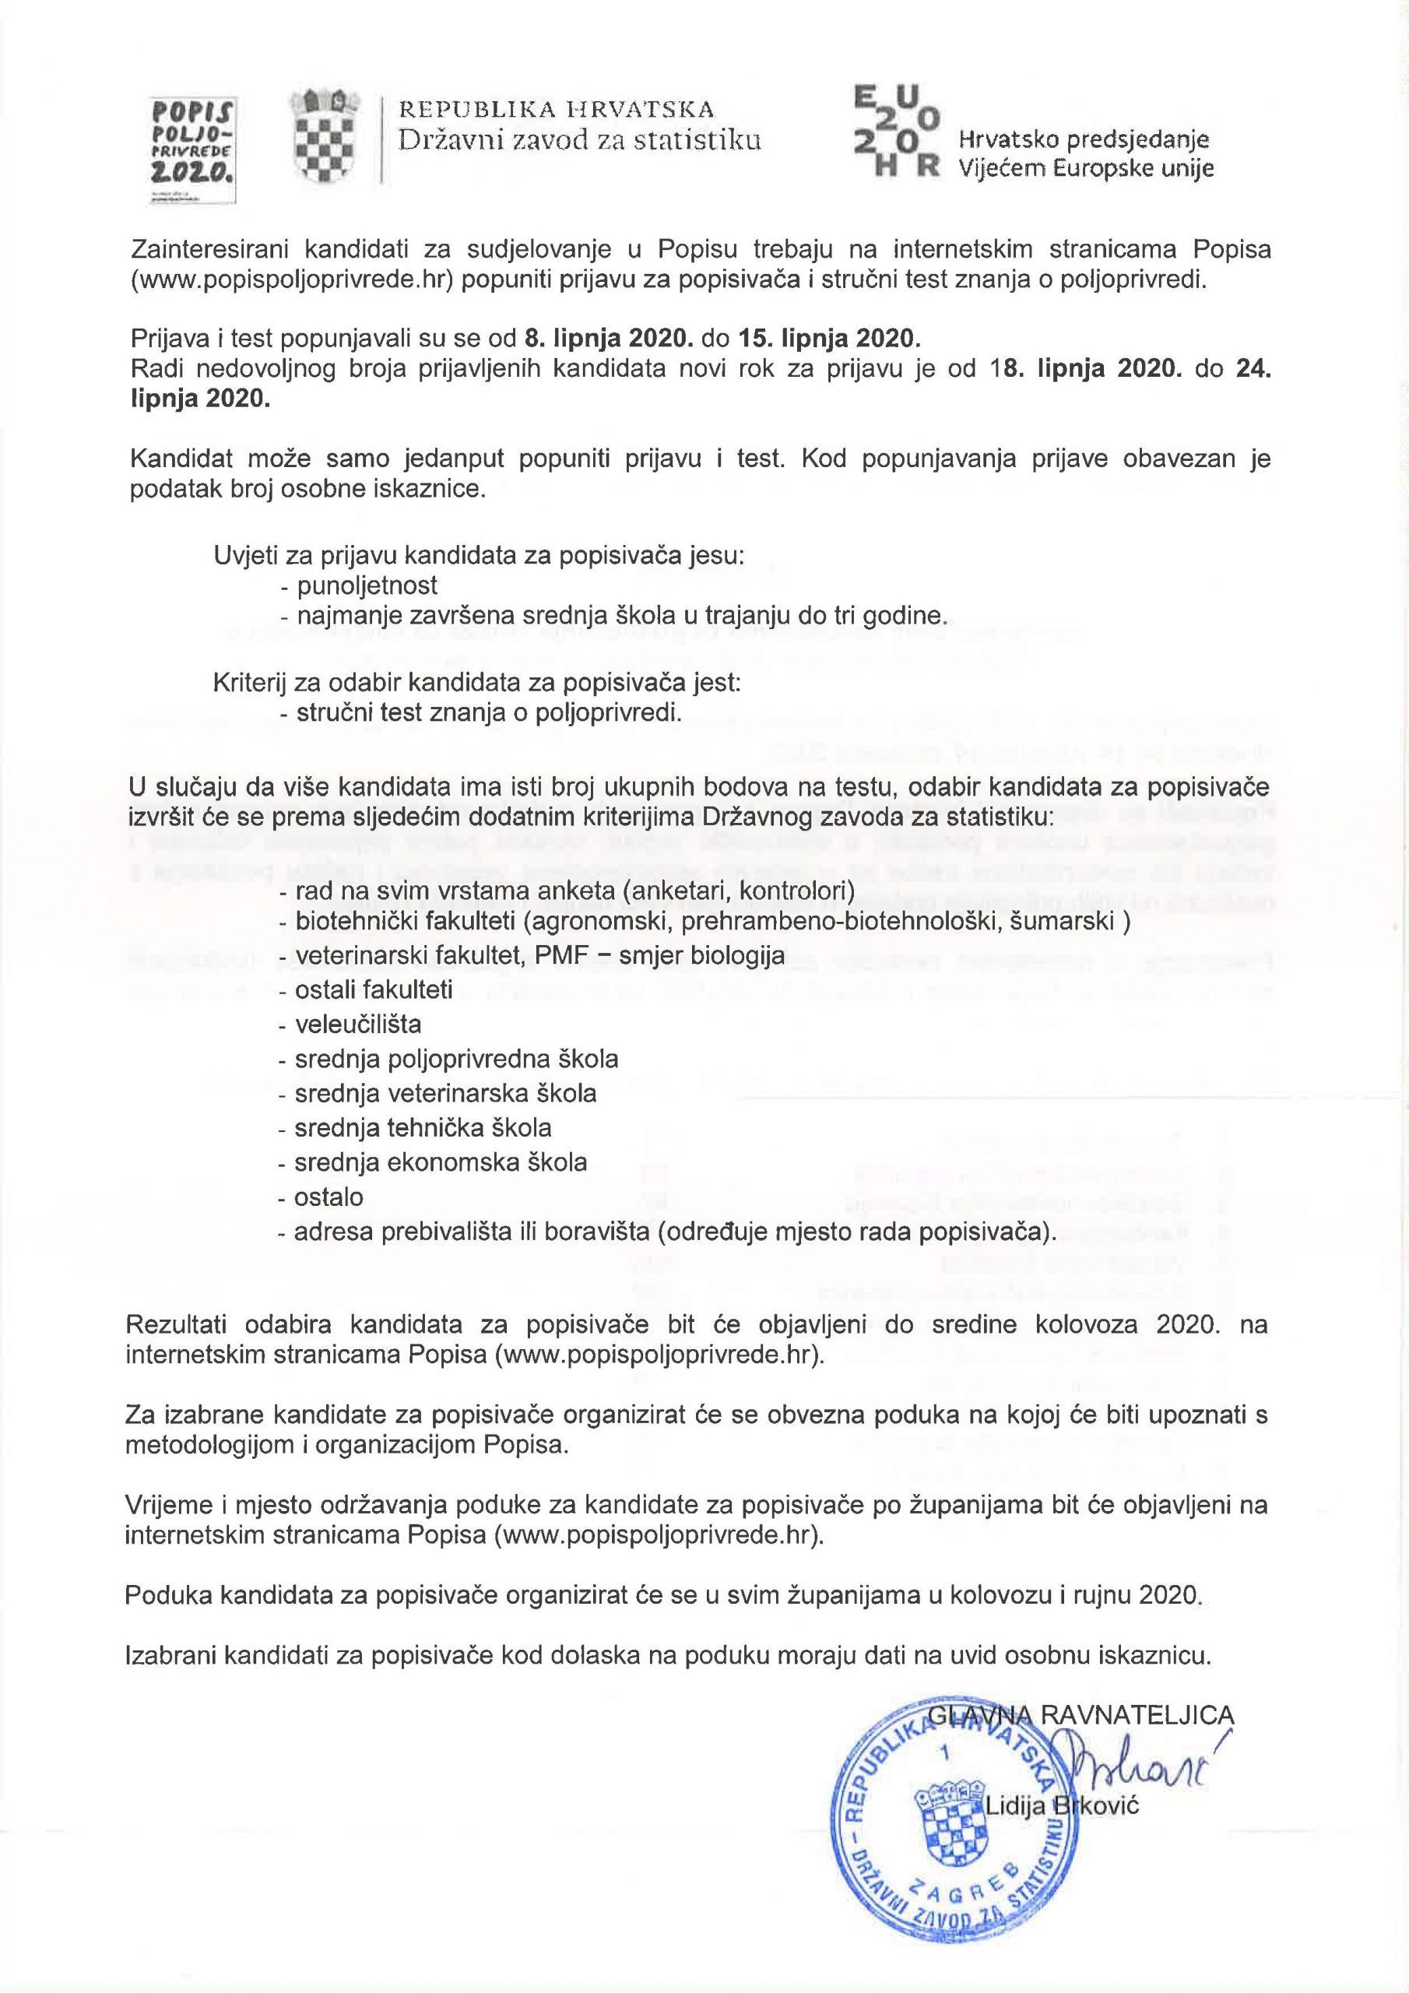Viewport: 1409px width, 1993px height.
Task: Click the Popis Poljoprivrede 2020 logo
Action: click(194, 149)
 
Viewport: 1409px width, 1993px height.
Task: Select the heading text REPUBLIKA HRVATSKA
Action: click(557, 109)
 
